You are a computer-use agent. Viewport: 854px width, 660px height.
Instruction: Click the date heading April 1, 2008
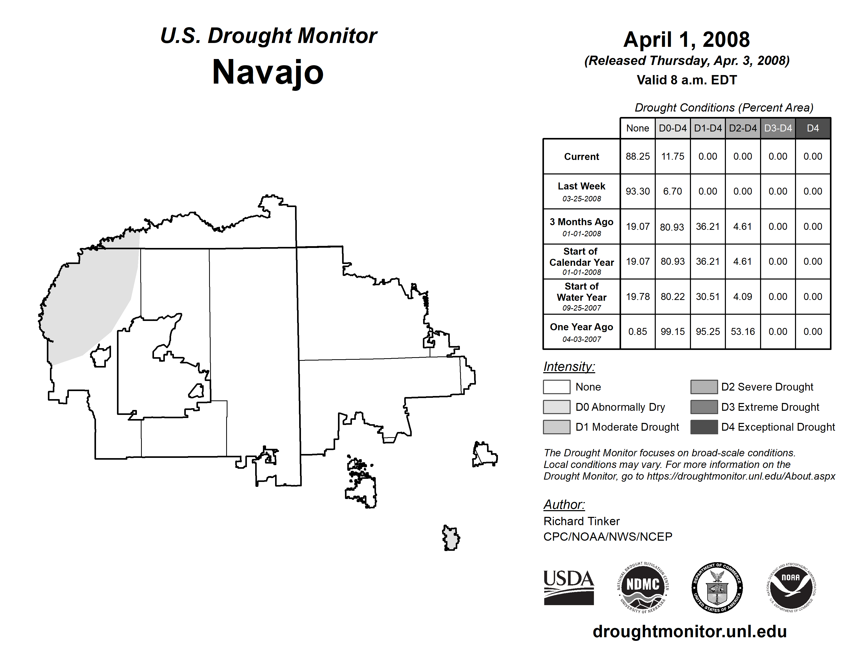pyautogui.click(x=686, y=40)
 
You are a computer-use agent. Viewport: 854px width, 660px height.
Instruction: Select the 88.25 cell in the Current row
pyautogui.click(x=637, y=156)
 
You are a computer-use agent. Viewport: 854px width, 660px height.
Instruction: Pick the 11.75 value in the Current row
pyautogui.click(x=673, y=156)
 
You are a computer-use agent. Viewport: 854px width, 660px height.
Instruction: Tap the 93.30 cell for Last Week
pyautogui.click(x=637, y=191)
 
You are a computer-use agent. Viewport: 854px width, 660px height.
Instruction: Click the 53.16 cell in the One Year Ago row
pyautogui.click(x=742, y=332)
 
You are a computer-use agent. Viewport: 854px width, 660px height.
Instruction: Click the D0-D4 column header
pyautogui.click(x=673, y=128)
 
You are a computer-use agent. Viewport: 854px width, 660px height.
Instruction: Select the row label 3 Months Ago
pyautogui.click(x=581, y=222)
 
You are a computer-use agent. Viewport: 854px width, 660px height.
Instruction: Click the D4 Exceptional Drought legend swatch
pyautogui.click(x=704, y=427)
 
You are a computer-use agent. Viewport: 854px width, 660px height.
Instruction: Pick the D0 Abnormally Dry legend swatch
pyautogui.click(x=556, y=407)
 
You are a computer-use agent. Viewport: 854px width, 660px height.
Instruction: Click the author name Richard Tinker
pyautogui.click(x=581, y=521)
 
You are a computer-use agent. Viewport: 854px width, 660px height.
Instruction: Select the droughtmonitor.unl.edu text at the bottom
pyautogui.click(x=689, y=632)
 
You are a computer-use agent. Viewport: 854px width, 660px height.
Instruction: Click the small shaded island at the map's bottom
pyautogui.click(x=451, y=538)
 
